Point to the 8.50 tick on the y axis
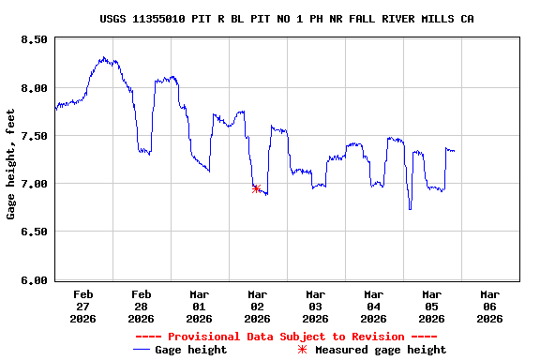33,40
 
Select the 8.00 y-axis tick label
33,88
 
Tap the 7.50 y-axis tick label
33,136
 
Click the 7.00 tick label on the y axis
33,184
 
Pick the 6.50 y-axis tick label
33,232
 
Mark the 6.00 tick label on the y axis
33,279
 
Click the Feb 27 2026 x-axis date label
82,306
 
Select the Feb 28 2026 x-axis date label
141,306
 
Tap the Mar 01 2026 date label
199,306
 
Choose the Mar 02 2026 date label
257,306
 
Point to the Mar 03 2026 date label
315,306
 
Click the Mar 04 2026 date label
373,306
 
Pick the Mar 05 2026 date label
431,306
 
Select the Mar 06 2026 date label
489,306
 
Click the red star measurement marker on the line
256,188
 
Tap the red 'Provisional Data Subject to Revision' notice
286,337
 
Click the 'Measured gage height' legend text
381,350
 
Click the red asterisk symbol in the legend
302,350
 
